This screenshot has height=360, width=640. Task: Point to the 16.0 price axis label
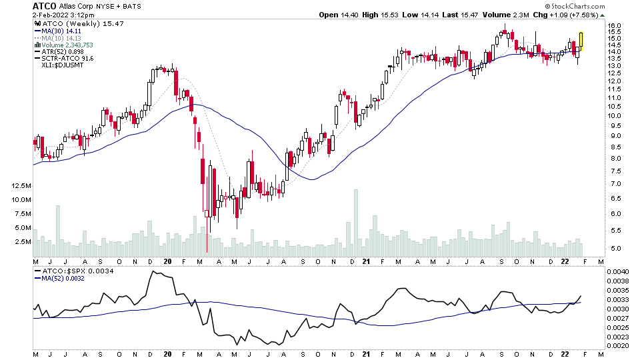[615, 26]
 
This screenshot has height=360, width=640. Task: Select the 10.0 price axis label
[615, 115]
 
